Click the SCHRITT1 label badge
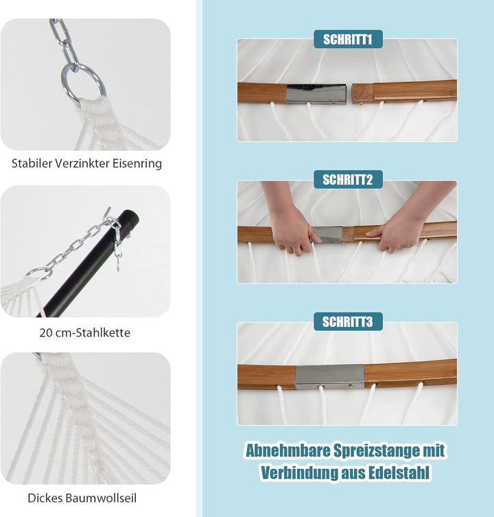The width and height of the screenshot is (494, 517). pyautogui.click(x=348, y=39)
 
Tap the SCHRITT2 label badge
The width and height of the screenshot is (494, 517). pyautogui.click(x=348, y=180)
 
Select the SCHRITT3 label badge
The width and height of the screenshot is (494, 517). pyautogui.click(x=348, y=321)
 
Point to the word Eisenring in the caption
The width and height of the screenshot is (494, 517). pyautogui.click(x=137, y=163)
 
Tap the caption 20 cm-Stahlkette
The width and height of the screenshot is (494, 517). pyautogui.click(x=84, y=333)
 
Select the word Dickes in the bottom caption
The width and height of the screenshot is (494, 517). pyautogui.click(x=45, y=498)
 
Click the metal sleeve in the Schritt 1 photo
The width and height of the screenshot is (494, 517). pyautogui.click(x=317, y=94)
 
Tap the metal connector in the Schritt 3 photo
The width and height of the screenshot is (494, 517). pyautogui.click(x=329, y=376)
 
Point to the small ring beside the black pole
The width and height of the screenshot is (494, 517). pyautogui.click(x=39, y=273)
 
